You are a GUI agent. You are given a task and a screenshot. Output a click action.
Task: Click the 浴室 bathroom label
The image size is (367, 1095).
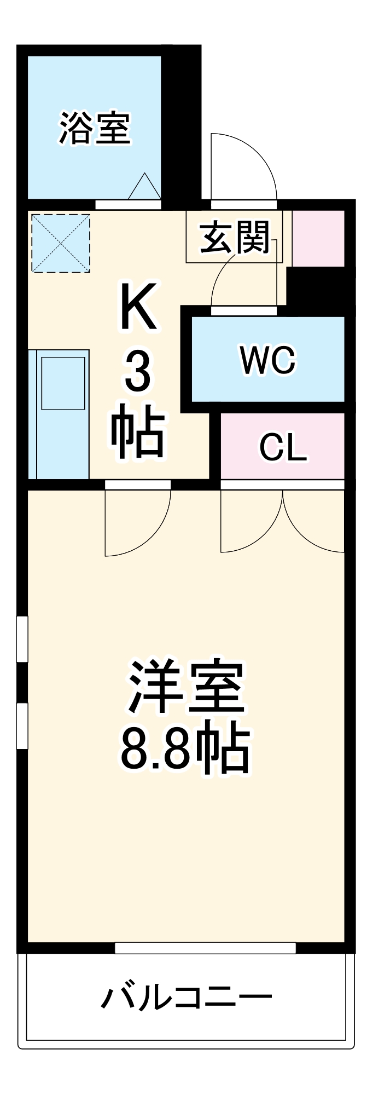click(x=95, y=128)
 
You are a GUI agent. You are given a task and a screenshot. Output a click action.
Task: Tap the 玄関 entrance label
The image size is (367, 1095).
click(x=235, y=238)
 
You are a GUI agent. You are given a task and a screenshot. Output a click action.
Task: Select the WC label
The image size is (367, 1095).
click(x=268, y=360)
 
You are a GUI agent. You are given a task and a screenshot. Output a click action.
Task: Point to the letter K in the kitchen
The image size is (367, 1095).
click(x=138, y=306)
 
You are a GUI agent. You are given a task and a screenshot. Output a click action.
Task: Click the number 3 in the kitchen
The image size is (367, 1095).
click(x=138, y=372)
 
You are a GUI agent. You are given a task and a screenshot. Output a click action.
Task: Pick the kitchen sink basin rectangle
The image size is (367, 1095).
click(x=63, y=383)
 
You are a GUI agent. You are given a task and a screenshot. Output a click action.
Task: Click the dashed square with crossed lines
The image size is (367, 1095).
click(x=60, y=243)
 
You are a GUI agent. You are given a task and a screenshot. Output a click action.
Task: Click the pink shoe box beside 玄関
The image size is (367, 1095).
click(x=318, y=238)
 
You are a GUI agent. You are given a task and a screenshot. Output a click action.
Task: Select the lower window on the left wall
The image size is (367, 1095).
click(x=22, y=725)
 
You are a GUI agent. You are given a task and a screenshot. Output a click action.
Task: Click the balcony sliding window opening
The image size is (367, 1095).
click(x=205, y=948)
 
